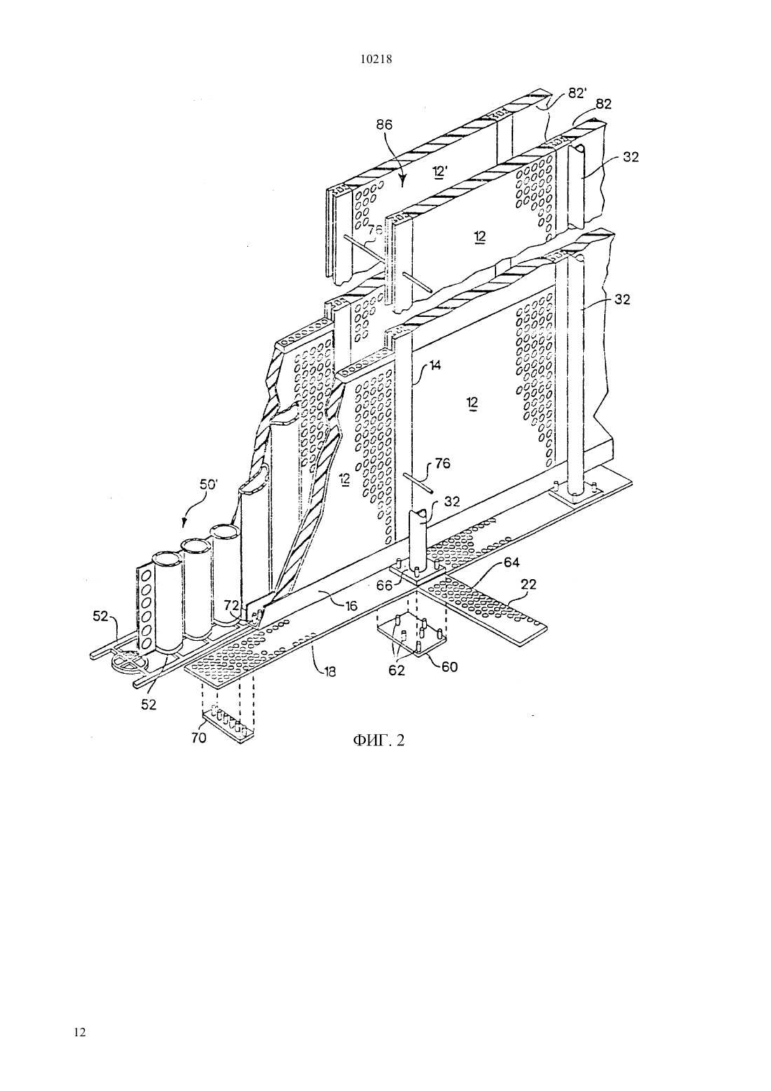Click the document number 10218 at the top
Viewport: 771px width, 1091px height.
tap(376, 60)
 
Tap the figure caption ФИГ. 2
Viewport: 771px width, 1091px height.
tap(378, 740)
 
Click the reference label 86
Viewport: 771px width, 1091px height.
tap(384, 125)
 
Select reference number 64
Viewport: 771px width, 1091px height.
tap(512, 562)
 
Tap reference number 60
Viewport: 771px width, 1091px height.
tap(450, 666)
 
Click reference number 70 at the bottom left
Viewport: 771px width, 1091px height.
tap(199, 738)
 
